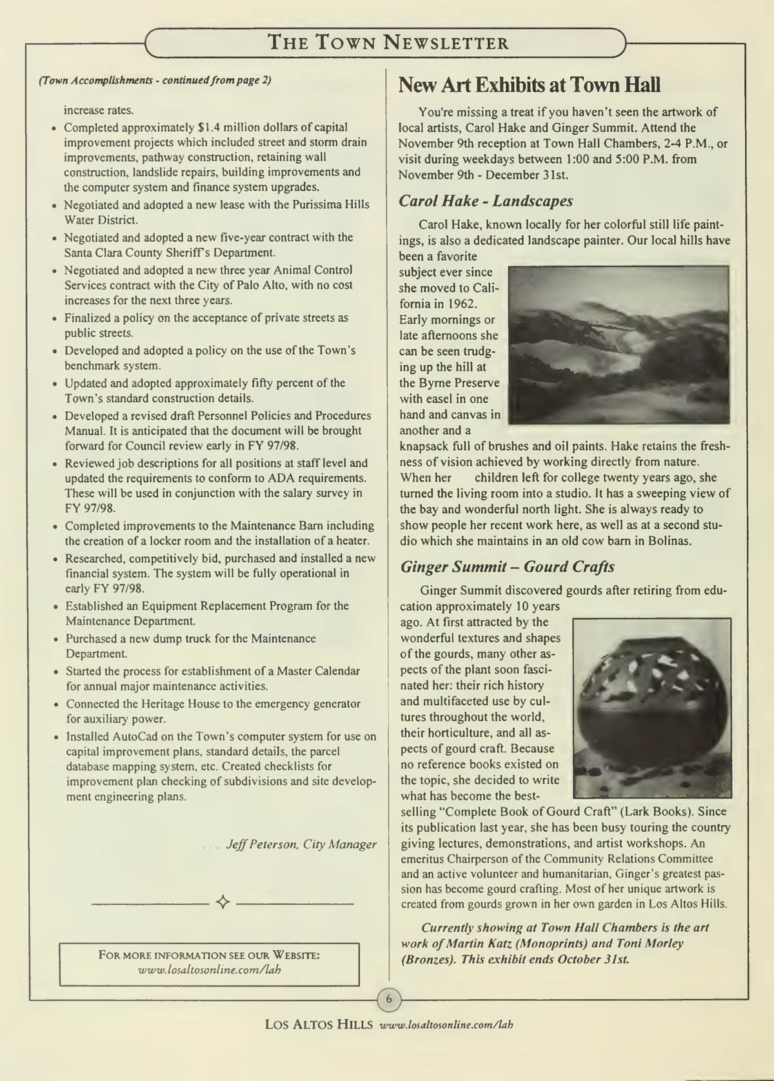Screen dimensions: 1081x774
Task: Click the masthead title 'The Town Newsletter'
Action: pos(388,43)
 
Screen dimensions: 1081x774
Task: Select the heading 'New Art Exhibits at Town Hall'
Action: pos(529,85)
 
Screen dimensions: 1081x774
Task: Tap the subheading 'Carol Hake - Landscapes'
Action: pos(486,200)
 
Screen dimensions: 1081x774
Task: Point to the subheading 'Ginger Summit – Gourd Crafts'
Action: pos(507,567)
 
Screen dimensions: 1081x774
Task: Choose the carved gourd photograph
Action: pos(651,708)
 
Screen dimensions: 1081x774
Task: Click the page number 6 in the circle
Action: pos(389,999)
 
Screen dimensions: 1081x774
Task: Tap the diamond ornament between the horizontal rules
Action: pos(223,902)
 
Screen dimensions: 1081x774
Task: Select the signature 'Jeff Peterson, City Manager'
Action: pos(301,844)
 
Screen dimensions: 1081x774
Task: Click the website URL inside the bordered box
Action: pos(210,969)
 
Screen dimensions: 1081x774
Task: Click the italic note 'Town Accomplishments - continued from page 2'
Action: pos(155,80)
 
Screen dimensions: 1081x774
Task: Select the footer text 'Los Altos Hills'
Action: pos(318,1025)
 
